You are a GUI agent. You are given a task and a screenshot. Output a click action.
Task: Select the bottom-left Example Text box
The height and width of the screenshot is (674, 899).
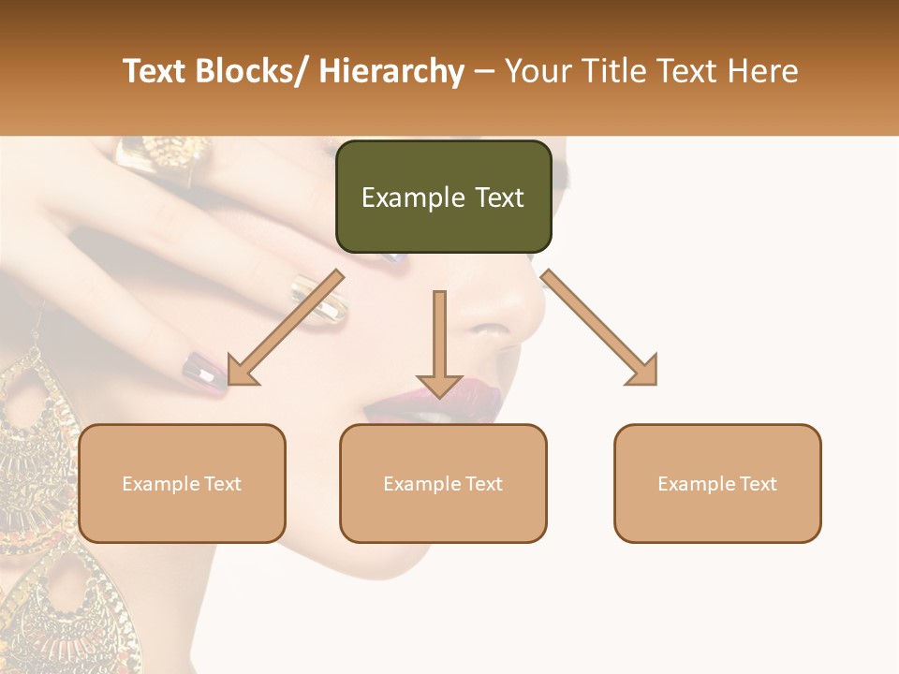point(182,483)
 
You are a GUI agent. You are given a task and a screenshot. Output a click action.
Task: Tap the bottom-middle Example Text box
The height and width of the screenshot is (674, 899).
point(443,483)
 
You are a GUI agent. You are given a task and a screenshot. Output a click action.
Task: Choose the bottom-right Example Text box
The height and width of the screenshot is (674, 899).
point(717,483)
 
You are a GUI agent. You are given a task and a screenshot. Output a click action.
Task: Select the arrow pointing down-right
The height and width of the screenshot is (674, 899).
point(600,328)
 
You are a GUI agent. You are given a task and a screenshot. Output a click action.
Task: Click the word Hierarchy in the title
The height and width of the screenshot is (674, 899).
point(391,72)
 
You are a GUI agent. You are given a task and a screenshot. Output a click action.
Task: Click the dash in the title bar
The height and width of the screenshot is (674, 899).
point(484,72)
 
